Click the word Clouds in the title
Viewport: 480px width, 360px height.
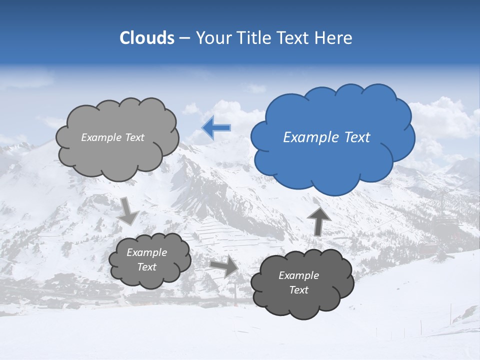click(x=147, y=38)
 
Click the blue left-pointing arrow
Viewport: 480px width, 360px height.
click(x=216, y=128)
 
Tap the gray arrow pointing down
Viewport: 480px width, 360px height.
click(x=129, y=210)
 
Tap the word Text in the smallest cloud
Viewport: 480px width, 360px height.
click(x=147, y=267)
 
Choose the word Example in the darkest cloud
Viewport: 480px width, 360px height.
click(x=298, y=275)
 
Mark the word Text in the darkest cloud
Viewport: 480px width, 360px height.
click(x=298, y=290)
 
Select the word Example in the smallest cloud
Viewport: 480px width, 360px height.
click(x=147, y=252)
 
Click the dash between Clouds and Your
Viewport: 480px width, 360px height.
click(x=184, y=38)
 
